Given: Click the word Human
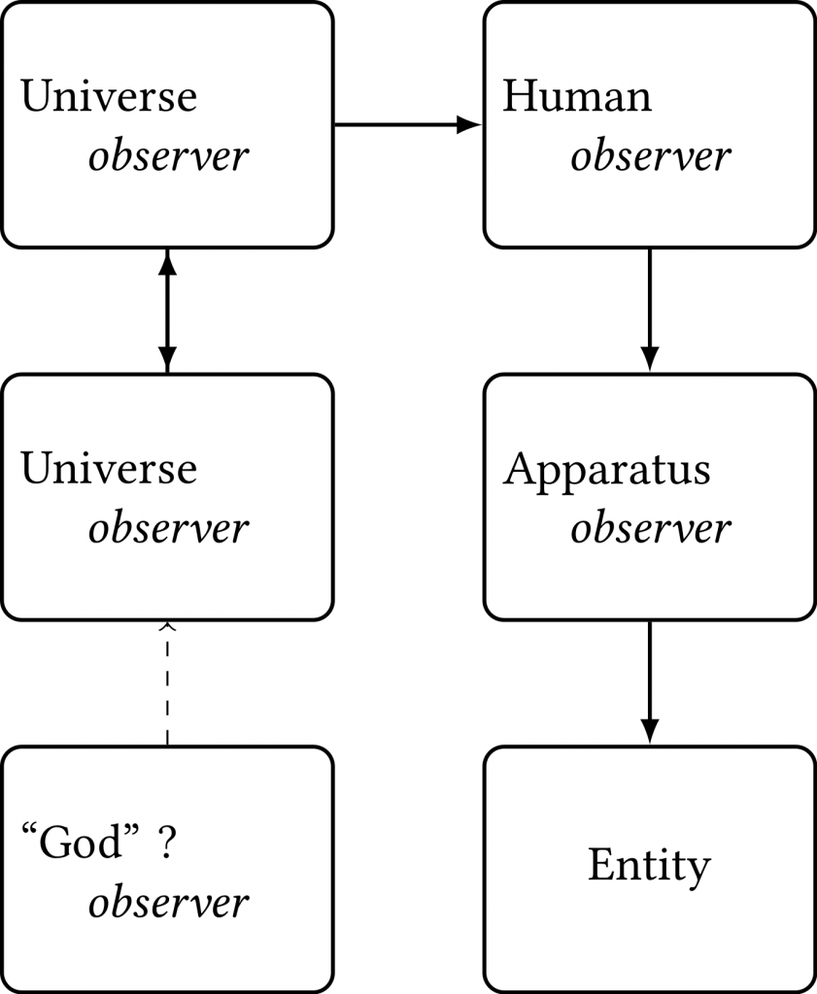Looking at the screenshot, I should (x=577, y=97).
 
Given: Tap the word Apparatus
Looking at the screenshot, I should (x=607, y=471).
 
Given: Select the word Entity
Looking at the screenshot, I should (x=649, y=865).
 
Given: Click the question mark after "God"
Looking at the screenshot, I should (x=166, y=843).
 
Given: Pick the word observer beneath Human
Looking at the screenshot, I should (x=650, y=157).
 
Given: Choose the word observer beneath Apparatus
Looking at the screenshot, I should (x=650, y=529).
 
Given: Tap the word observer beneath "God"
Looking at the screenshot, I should (x=169, y=903).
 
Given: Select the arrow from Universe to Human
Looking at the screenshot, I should (x=408, y=124).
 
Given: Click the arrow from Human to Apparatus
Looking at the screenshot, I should (x=650, y=311).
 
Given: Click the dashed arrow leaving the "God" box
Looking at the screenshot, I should (x=167, y=684).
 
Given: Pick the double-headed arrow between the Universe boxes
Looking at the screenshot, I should (x=167, y=311).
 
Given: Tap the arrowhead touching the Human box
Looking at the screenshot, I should (x=471, y=124).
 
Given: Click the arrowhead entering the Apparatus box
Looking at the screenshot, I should (x=650, y=360).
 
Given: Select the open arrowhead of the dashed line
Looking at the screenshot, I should (x=167, y=627).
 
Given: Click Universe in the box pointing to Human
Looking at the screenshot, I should (x=109, y=97).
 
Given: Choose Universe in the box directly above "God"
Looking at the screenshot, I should (x=109, y=470).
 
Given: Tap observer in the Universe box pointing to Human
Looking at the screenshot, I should (x=169, y=157).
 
